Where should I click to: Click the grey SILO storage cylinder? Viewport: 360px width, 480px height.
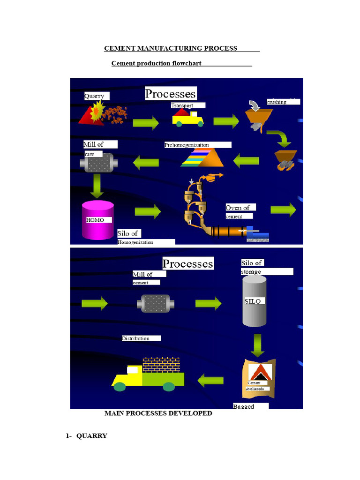click(255, 301)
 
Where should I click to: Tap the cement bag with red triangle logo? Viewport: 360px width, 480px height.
click(258, 378)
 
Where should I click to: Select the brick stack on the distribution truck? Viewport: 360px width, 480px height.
click(161, 365)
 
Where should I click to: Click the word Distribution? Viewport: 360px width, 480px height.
click(136, 338)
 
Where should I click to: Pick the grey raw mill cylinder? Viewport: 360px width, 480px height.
click(98, 163)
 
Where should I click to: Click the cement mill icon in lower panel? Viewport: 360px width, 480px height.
click(156, 303)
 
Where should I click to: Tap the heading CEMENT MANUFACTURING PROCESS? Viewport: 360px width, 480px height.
click(171, 48)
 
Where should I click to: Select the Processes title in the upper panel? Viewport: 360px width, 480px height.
click(170, 93)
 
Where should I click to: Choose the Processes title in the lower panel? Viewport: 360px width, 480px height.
click(187, 263)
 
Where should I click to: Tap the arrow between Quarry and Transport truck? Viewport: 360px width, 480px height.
click(146, 123)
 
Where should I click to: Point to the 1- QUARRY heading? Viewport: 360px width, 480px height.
click(87, 436)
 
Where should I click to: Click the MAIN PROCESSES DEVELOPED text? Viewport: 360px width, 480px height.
click(158, 413)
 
